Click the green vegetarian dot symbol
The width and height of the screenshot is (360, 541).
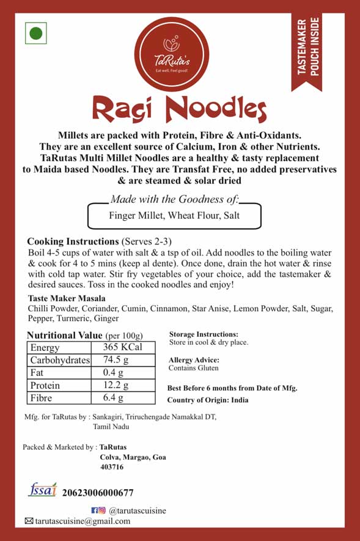click(36, 33)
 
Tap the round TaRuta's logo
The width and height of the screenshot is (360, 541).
click(180, 54)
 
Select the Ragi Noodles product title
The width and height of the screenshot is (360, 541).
click(179, 109)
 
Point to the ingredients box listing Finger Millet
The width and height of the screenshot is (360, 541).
click(174, 216)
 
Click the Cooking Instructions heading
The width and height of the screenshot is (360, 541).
click(73, 241)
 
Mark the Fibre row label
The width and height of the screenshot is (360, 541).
click(41, 398)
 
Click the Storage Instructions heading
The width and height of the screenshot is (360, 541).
click(204, 334)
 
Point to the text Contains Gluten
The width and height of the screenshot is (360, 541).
click(193, 368)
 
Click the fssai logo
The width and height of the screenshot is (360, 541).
click(42, 490)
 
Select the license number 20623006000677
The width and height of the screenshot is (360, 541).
click(98, 493)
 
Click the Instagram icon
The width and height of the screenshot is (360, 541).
click(102, 510)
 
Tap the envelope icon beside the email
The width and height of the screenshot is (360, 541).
click(28, 521)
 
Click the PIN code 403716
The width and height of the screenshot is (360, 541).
click(112, 467)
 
